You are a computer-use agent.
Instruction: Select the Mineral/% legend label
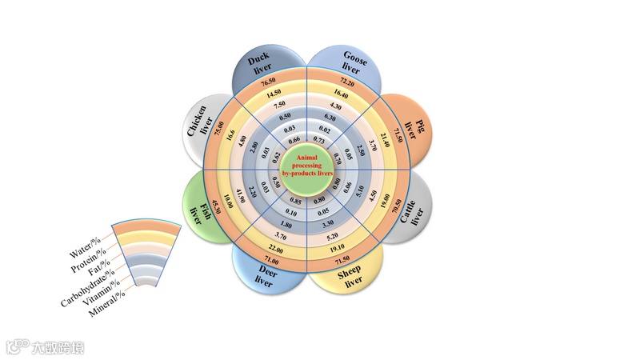pos(106,306)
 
